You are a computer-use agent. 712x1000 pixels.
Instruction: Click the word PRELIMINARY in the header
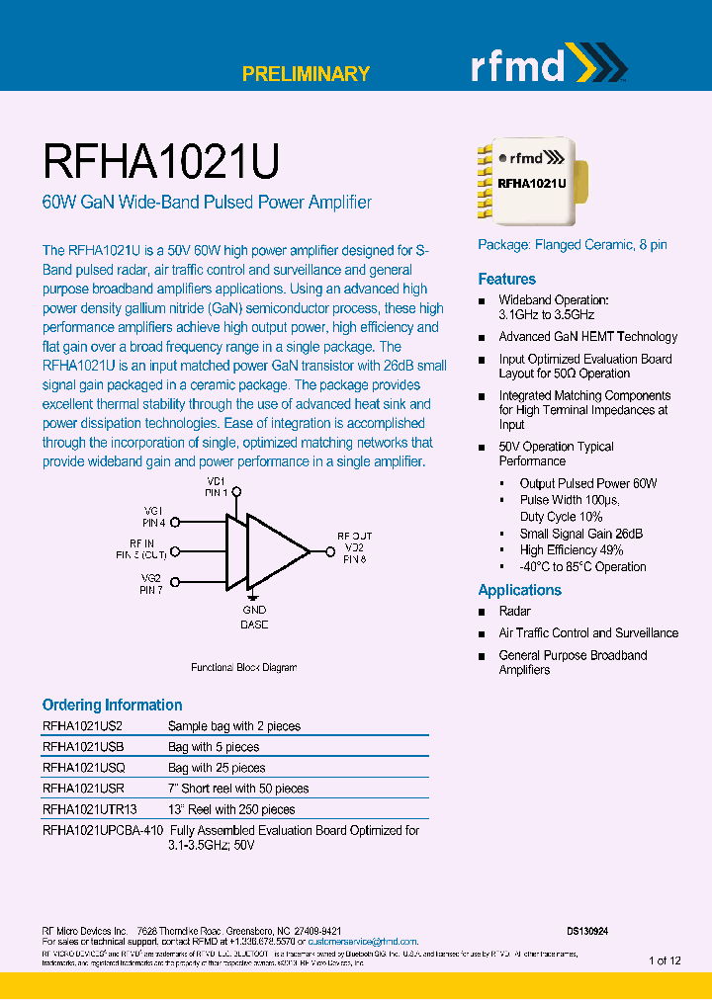[306, 74]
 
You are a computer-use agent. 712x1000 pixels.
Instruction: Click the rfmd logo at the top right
[548, 66]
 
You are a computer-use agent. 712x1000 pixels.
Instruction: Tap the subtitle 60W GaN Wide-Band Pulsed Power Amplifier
[207, 203]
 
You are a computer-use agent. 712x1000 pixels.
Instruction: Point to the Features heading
[506, 280]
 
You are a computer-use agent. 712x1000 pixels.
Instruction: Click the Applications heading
[519, 590]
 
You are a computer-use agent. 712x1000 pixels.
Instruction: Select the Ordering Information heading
[112, 706]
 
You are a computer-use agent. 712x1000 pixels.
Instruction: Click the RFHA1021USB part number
[83, 747]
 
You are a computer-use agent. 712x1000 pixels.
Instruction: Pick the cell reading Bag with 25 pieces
[217, 768]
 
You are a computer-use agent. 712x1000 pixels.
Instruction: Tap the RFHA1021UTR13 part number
[90, 809]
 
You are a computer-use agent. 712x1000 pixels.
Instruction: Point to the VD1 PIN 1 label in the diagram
[216, 486]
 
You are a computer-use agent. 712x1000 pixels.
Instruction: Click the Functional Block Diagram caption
[243, 668]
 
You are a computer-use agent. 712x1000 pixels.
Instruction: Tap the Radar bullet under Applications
[514, 612]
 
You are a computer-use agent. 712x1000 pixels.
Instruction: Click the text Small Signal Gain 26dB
[581, 534]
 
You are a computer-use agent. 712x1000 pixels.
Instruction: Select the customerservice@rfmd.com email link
[363, 942]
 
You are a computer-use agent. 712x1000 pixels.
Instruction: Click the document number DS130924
[587, 931]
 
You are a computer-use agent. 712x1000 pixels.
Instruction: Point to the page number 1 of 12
[665, 960]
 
